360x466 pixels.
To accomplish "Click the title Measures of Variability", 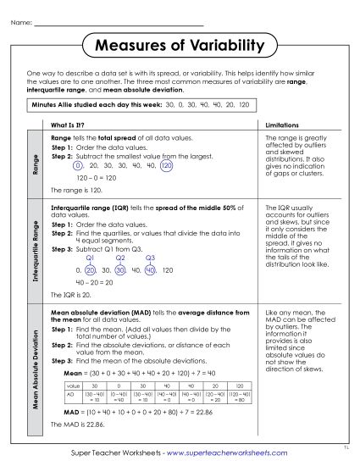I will [180, 44].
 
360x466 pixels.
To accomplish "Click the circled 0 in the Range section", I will [78, 168].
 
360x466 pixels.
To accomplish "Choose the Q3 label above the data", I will [150, 258].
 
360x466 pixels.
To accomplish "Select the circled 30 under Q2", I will [120, 269].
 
